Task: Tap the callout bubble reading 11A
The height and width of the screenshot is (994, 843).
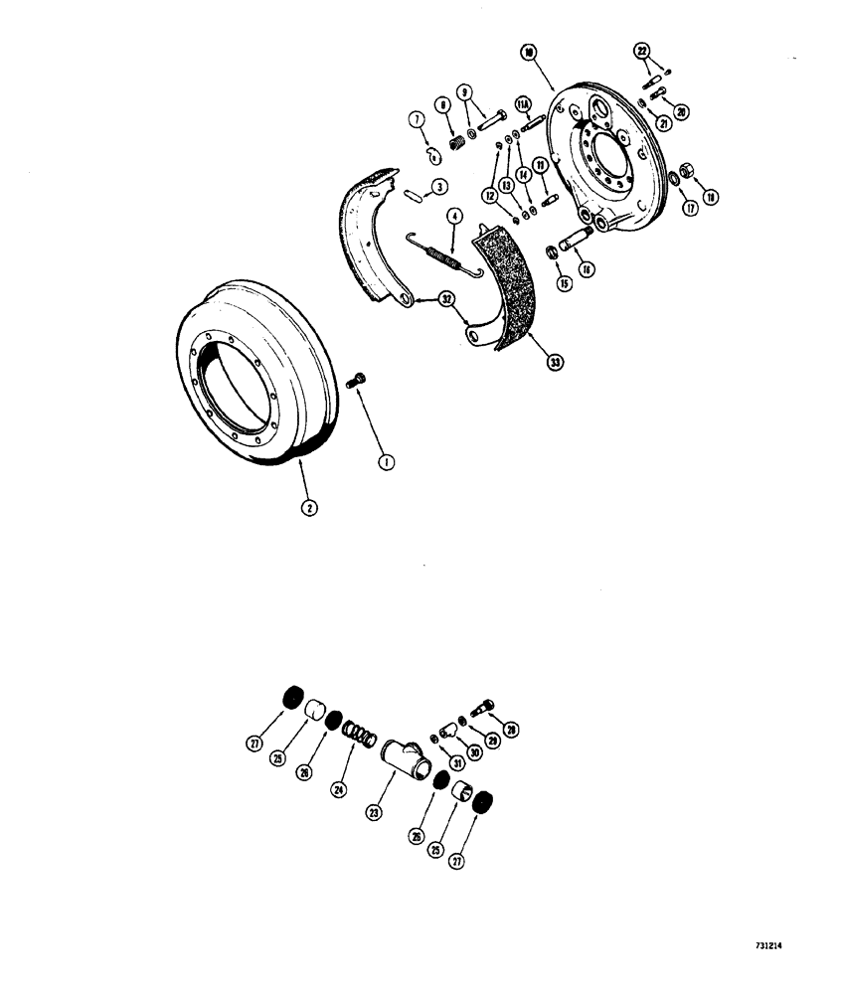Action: click(522, 102)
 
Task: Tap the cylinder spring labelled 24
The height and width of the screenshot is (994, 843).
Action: click(357, 737)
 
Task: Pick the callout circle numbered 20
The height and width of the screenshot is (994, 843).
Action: click(681, 111)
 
